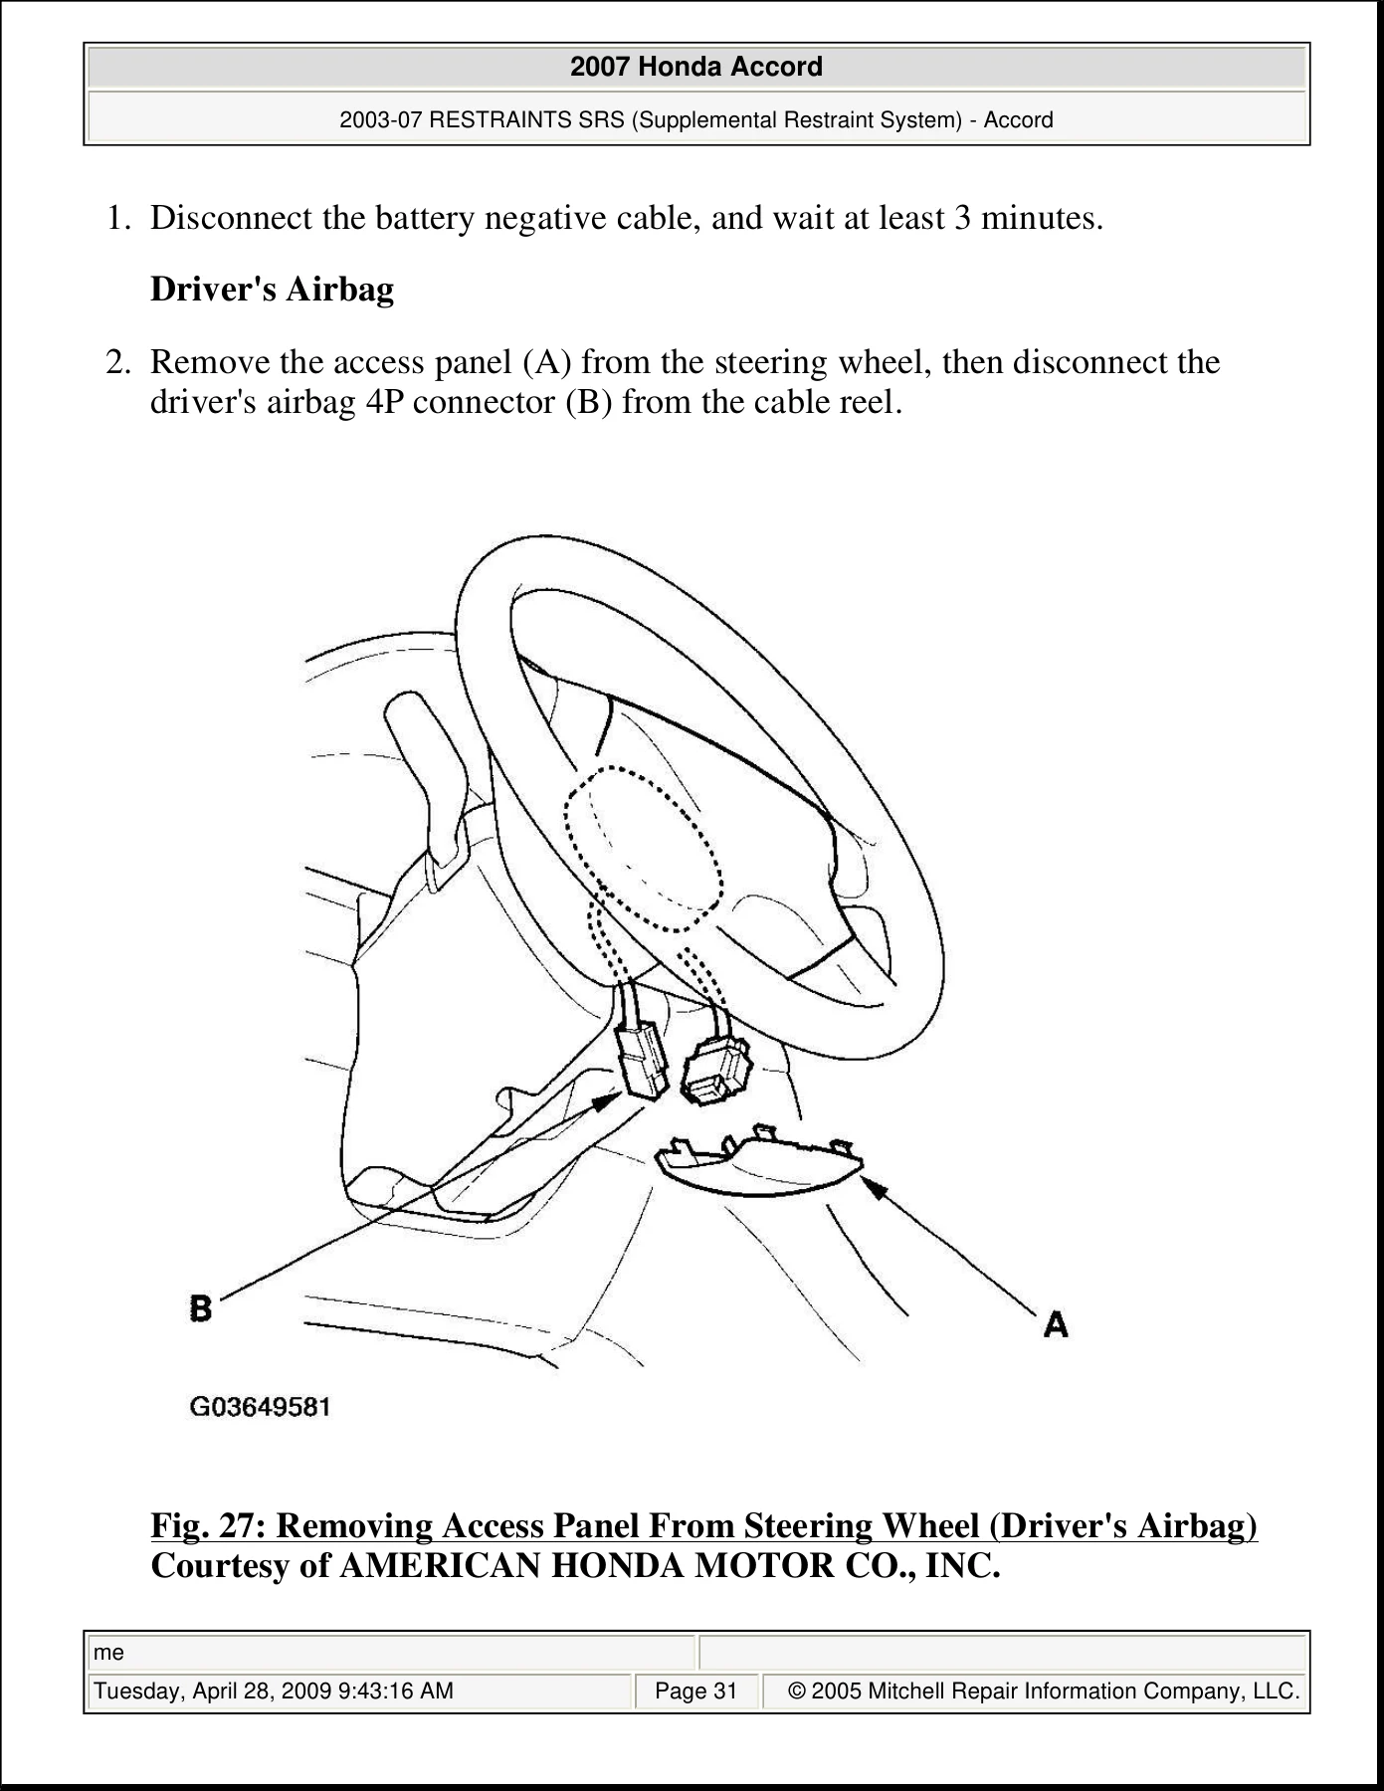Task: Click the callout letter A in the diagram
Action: click(1056, 1324)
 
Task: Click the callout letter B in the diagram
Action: click(201, 1306)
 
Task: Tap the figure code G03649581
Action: click(260, 1407)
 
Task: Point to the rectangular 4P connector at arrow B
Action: click(642, 1062)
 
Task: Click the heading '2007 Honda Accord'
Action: click(696, 67)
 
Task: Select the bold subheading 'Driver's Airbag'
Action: click(272, 289)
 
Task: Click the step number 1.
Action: click(118, 217)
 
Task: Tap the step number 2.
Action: click(118, 361)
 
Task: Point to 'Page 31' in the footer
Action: click(696, 1691)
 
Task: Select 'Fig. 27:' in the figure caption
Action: click(208, 1525)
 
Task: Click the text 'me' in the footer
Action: click(108, 1653)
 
